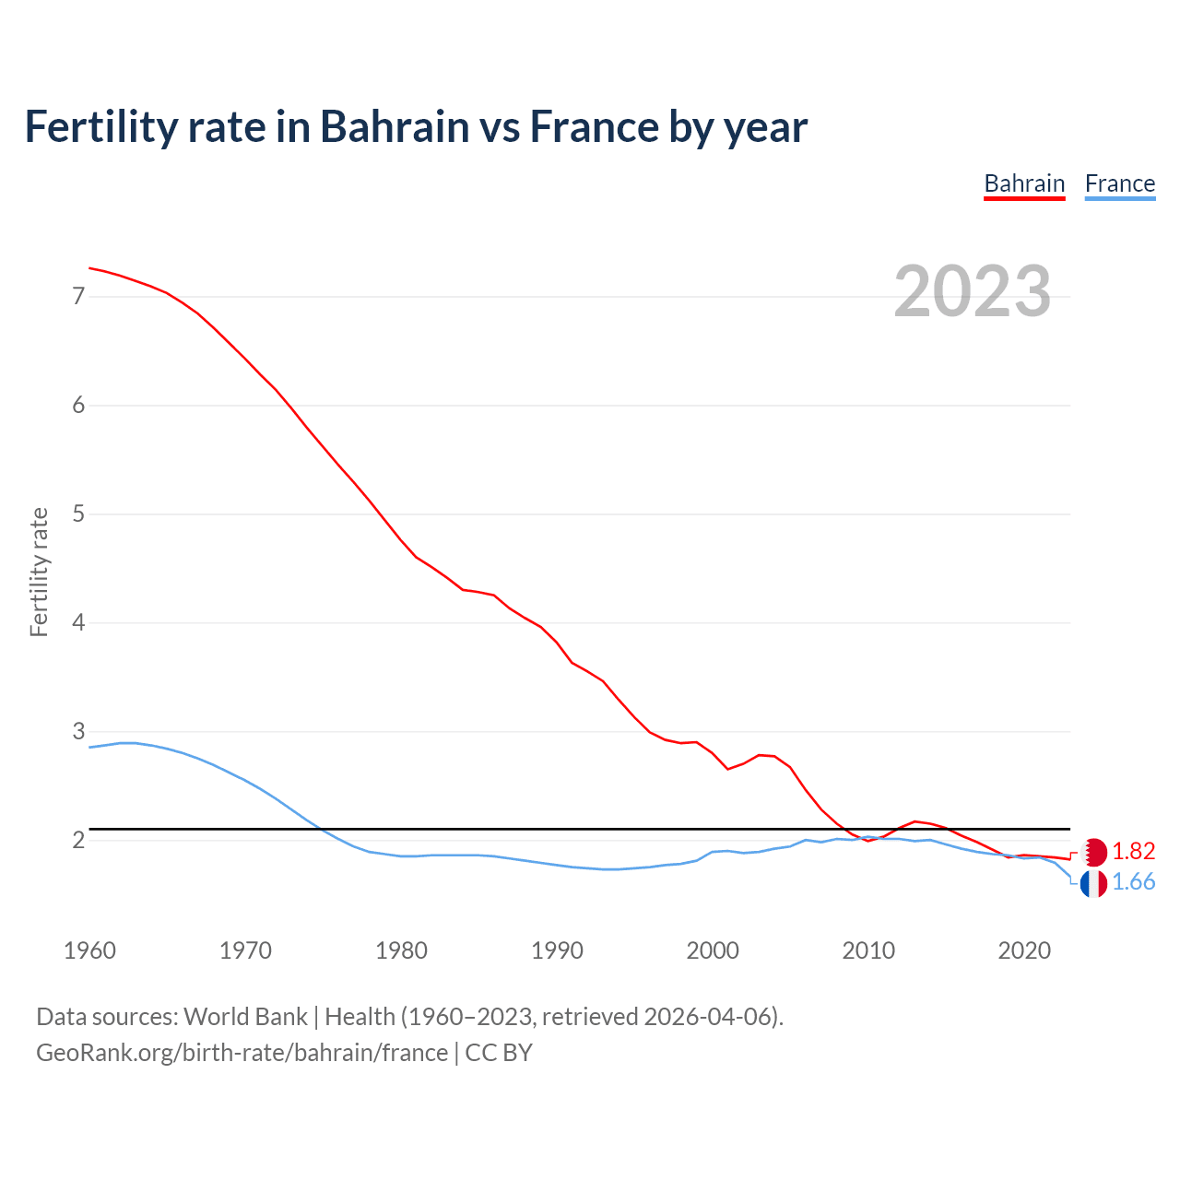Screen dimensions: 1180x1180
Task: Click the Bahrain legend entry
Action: (x=1024, y=183)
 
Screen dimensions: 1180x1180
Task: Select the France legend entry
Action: (x=1119, y=183)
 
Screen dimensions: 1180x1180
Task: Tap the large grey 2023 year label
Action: (x=973, y=291)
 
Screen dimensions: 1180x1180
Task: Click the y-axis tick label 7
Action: (x=78, y=296)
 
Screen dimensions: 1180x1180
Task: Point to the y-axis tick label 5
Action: (x=78, y=513)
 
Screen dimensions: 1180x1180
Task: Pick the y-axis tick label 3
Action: (x=78, y=731)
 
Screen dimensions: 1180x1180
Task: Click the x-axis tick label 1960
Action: (x=89, y=950)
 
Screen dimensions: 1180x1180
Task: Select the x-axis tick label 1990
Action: (x=557, y=950)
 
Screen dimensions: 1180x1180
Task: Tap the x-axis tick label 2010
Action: (x=868, y=950)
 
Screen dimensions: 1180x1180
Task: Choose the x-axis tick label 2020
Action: (x=1024, y=950)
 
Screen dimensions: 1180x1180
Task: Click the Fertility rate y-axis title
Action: (x=39, y=572)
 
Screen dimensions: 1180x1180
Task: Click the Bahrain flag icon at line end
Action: (x=1093, y=851)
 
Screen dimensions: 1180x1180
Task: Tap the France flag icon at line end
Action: (x=1093, y=883)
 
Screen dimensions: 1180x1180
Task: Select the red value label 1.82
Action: (x=1133, y=851)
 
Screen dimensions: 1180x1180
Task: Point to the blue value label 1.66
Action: (x=1133, y=882)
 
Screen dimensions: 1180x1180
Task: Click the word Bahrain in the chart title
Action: (x=395, y=127)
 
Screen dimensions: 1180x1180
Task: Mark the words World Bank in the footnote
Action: (x=245, y=1017)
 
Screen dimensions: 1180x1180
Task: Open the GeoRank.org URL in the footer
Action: (x=242, y=1053)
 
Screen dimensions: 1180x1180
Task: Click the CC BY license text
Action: (x=499, y=1053)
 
